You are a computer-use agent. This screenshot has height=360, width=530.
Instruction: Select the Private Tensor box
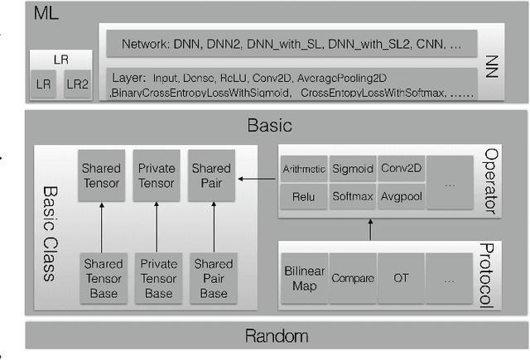(x=157, y=175)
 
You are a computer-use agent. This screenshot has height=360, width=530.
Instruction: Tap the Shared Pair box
(x=211, y=175)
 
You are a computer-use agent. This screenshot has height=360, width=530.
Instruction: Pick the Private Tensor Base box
(x=157, y=276)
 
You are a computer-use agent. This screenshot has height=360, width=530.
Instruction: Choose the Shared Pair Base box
(x=211, y=276)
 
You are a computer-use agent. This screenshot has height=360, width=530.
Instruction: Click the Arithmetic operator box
(x=304, y=169)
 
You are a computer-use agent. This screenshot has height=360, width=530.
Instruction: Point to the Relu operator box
(x=304, y=197)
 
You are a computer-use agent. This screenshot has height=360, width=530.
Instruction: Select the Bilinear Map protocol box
(x=304, y=278)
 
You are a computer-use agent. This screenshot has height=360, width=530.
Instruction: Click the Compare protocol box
(x=354, y=278)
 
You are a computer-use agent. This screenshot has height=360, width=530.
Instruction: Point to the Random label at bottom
(x=276, y=336)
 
